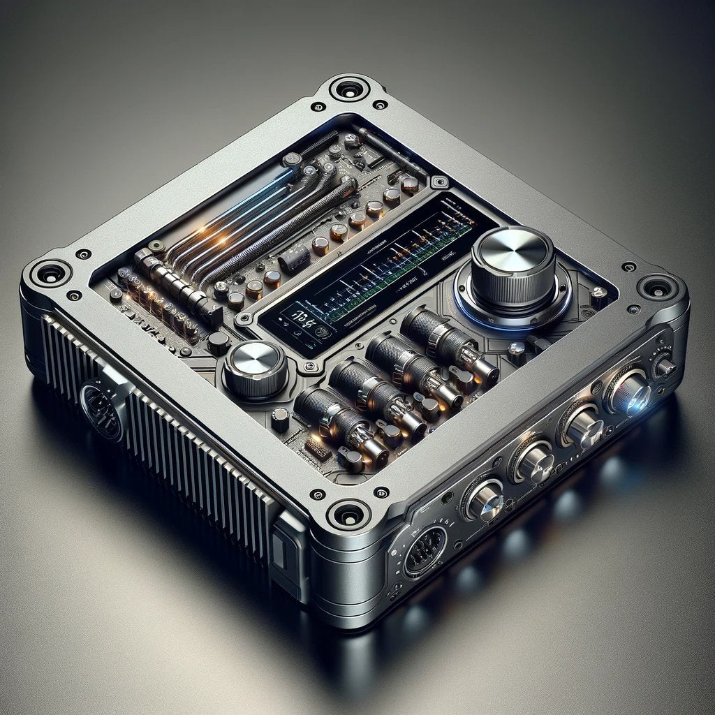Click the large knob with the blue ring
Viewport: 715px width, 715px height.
coord(513,262)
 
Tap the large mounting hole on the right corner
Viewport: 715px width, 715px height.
coord(656,286)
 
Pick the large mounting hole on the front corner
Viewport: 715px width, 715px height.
coord(347,515)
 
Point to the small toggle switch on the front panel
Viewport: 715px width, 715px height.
coord(663,365)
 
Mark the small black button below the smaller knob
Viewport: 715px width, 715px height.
coord(280,420)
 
